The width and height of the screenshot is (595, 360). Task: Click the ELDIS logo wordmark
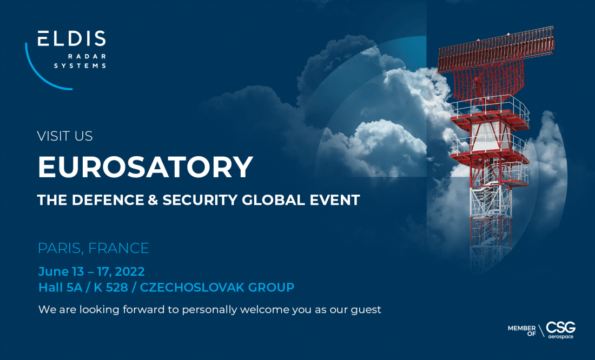tap(72, 39)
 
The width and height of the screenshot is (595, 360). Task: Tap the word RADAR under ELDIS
tap(87, 57)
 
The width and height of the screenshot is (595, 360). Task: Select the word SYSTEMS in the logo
tap(80, 65)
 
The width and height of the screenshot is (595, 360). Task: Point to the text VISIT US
tap(65, 136)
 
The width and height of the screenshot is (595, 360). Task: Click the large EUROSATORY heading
tap(146, 166)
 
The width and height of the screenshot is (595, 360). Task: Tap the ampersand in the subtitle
tap(153, 200)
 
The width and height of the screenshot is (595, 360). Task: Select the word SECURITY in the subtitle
tap(200, 200)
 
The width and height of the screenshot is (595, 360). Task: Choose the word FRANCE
tap(118, 248)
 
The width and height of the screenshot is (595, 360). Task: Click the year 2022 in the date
tap(129, 271)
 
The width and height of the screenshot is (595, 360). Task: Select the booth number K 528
tap(111, 288)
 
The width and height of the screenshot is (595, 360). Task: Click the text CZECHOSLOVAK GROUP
tap(217, 288)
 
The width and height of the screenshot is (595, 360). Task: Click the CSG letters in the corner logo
tap(560, 328)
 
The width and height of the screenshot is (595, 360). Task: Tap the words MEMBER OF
tap(522, 331)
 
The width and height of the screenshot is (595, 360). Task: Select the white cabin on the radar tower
tap(489, 136)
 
